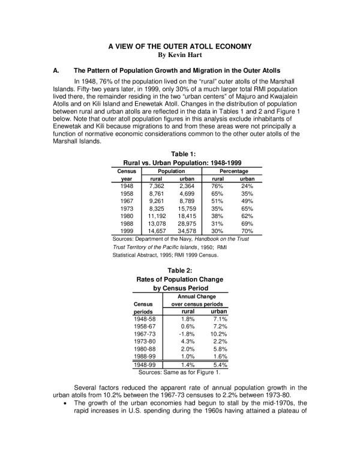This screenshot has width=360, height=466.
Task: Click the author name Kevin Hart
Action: [x=180, y=55]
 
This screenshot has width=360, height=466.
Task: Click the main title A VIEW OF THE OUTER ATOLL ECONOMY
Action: [x=180, y=46]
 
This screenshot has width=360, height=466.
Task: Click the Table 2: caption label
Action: [x=179, y=270]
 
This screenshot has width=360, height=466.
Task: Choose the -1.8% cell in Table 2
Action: [x=187, y=333]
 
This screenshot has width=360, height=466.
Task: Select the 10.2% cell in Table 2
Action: [x=217, y=333]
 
